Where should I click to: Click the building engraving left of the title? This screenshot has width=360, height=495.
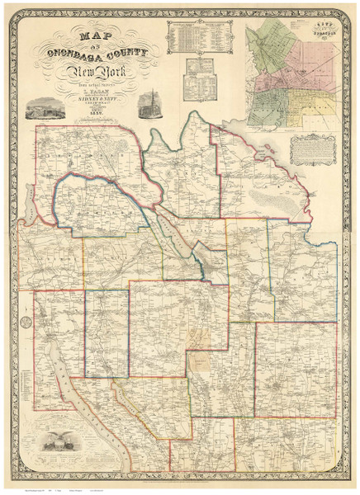pyautogui.click(x=45, y=107)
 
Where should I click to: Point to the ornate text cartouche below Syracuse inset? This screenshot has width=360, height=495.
pyautogui.click(x=314, y=148)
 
